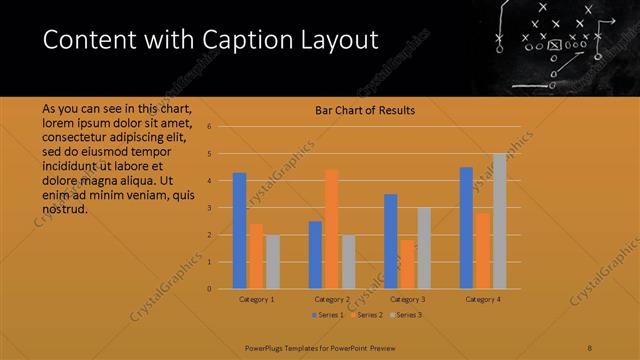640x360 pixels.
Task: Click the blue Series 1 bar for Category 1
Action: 239,231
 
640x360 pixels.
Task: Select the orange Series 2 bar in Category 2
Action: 331,229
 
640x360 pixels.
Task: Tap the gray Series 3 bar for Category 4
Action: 499,221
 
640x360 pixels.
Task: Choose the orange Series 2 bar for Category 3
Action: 407,264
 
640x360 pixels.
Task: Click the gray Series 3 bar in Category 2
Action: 348,262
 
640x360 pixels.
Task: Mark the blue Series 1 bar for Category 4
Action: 466,228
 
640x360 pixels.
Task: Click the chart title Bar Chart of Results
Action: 358,110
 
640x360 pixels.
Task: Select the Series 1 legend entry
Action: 329,315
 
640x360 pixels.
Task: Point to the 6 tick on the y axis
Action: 210,127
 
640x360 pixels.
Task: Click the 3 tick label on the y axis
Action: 210,208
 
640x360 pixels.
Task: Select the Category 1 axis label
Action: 256,299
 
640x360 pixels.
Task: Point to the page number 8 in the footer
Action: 590,348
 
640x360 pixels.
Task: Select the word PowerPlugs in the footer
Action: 266,348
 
